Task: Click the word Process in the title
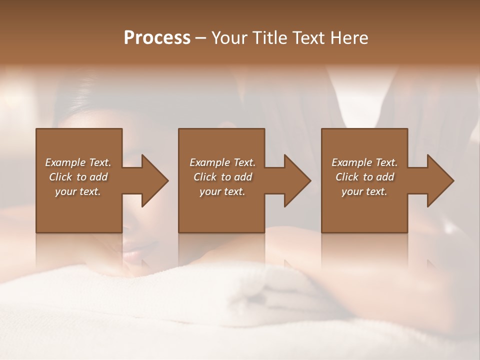click(157, 38)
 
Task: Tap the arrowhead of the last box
click(439, 180)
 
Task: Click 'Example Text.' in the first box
click(78, 162)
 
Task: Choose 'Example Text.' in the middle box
click(222, 162)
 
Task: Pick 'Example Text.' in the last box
click(364, 162)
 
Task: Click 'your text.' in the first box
click(78, 191)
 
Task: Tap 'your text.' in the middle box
click(222, 191)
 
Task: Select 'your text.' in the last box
click(364, 191)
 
